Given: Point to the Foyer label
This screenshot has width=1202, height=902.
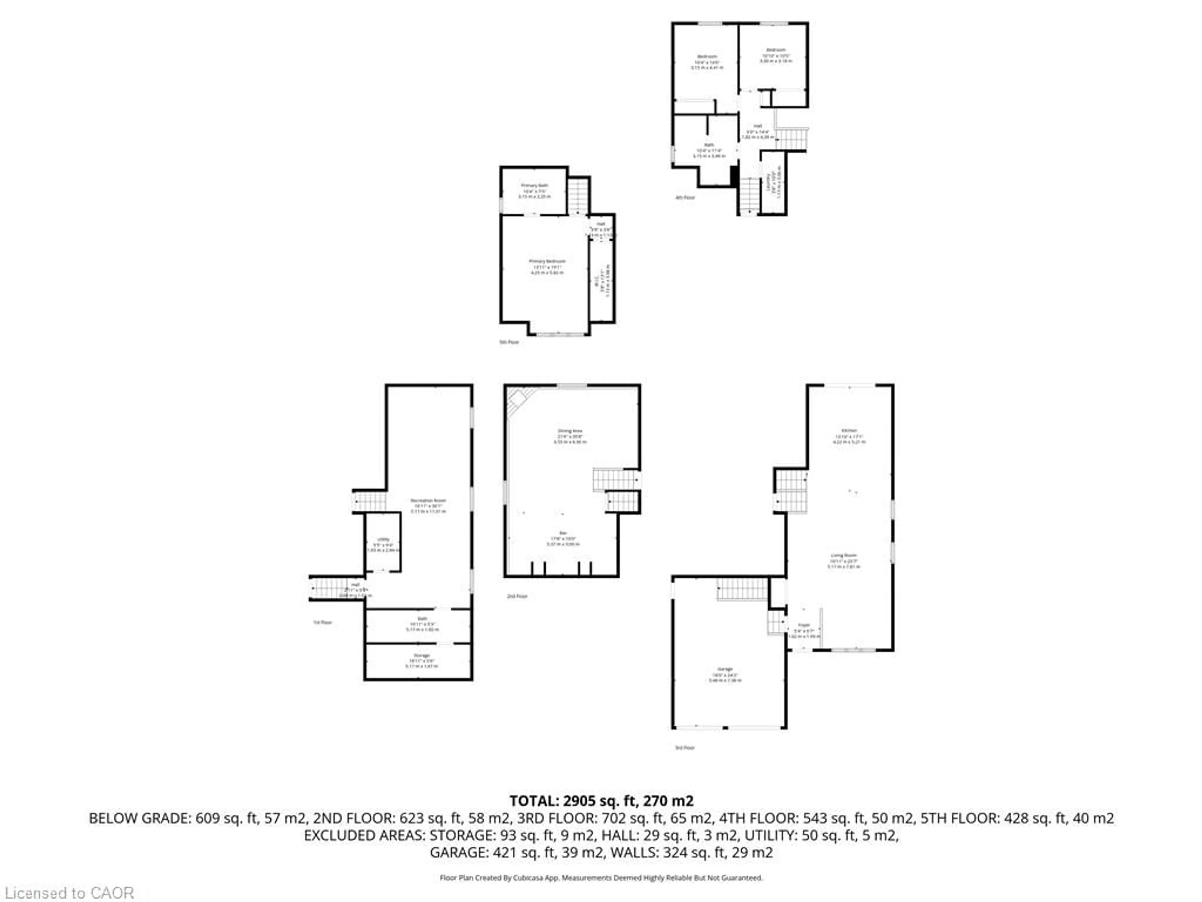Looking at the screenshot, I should point(804,625).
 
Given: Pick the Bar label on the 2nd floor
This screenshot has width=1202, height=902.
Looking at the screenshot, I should point(563,533).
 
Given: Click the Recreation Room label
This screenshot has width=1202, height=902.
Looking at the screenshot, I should point(428,500).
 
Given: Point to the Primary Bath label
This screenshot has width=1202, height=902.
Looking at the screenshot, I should point(534,185).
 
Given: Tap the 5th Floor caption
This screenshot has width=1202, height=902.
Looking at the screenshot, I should point(509,342).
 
